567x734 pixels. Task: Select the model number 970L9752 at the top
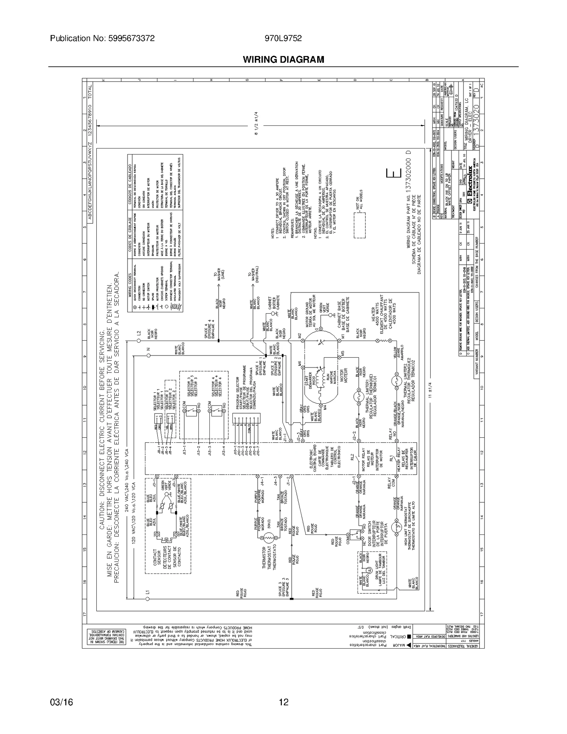point(283,38)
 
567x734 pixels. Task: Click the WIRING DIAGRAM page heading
point(283,60)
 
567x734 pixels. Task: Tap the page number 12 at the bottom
point(283,702)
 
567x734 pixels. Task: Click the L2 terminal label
point(139,333)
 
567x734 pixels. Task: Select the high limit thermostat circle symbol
point(396,527)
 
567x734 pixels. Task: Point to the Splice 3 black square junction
point(292,599)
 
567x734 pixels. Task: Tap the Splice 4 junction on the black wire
point(218,341)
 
